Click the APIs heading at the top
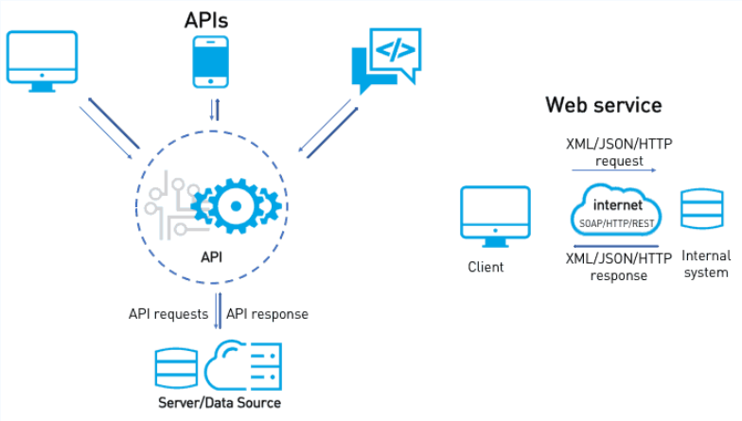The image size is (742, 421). pyautogui.click(x=205, y=19)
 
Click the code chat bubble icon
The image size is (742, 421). pyautogui.click(x=385, y=59)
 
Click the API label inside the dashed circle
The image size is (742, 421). pyautogui.click(x=212, y=255)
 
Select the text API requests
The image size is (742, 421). pyautogui.click(x=168, y=313)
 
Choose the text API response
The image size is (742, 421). pyautogui.click(x=267, y=313)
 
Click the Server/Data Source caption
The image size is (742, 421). pyautogui.click(x=220, y=403)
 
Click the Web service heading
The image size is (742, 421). pyautogui.click(x=603, y=104)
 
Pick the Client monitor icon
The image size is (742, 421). pyautogui.click(x=494, y=216)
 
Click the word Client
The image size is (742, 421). pyautogui.click(x=486, y=267)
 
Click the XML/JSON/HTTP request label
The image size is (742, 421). pyautogui.click(x=619, y=151)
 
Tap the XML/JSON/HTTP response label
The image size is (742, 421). pyautogui.click(x=618, y=266)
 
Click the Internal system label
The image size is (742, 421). pyautogui.click(x=706, y=264)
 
